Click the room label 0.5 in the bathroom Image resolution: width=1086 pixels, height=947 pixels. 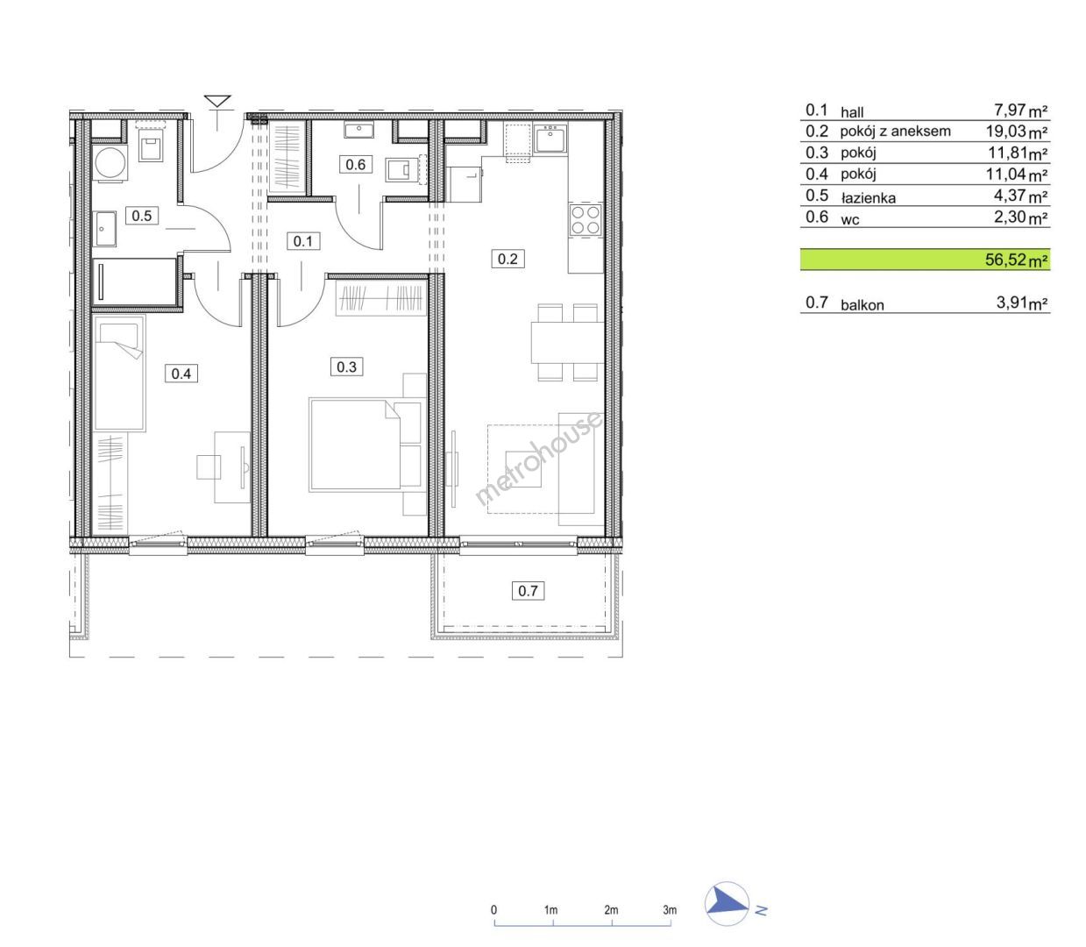142,216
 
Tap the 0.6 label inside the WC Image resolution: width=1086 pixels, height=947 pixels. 355,165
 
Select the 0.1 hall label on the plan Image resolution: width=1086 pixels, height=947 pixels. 303,241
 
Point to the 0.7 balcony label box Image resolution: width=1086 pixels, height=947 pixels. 528,591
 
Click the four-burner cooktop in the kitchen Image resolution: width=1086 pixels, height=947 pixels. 586,220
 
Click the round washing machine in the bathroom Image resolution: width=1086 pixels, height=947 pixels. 110,162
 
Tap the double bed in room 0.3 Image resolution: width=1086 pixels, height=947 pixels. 355,445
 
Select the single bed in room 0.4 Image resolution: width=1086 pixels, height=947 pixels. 119,374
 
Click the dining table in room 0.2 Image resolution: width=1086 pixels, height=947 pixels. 567,342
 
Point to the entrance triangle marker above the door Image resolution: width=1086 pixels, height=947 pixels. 217,101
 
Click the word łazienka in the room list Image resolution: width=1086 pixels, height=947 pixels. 868,198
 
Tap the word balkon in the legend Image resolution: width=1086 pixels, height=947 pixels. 862,304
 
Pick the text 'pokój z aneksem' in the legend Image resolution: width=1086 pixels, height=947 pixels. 895,132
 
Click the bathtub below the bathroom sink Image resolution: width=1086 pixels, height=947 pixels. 135,281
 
